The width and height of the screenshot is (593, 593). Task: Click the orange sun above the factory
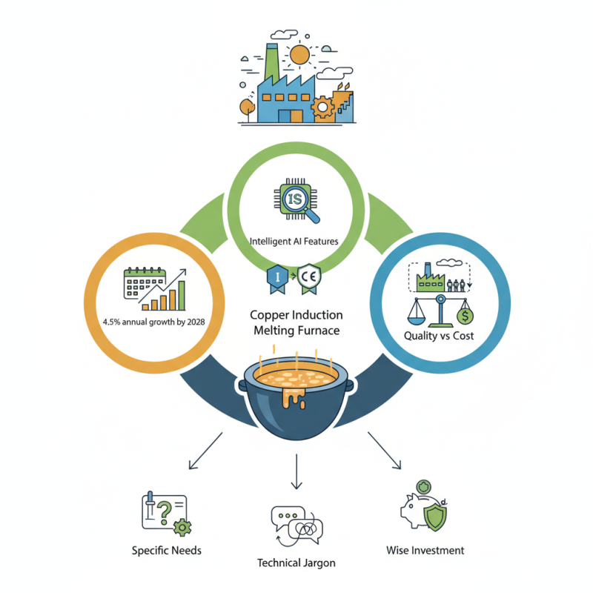299,54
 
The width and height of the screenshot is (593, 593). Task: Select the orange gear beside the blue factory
322,107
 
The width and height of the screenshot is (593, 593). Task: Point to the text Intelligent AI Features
294,242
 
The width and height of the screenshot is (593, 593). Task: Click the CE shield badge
309,279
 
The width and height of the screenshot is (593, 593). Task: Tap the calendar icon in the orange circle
145,283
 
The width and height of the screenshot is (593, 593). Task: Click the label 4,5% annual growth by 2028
154,322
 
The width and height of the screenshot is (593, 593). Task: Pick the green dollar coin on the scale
465,317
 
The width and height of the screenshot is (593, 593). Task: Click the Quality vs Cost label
439,336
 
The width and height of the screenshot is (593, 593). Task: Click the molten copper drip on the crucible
294,398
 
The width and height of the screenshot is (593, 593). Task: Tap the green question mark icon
163,512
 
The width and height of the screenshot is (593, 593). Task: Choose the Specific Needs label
166,550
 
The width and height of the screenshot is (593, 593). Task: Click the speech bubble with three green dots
288,517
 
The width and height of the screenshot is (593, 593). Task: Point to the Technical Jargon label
296,563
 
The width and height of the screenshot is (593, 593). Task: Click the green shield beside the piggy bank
435,517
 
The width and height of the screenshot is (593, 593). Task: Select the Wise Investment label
425,550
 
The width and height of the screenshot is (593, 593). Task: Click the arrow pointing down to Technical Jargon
296,471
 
